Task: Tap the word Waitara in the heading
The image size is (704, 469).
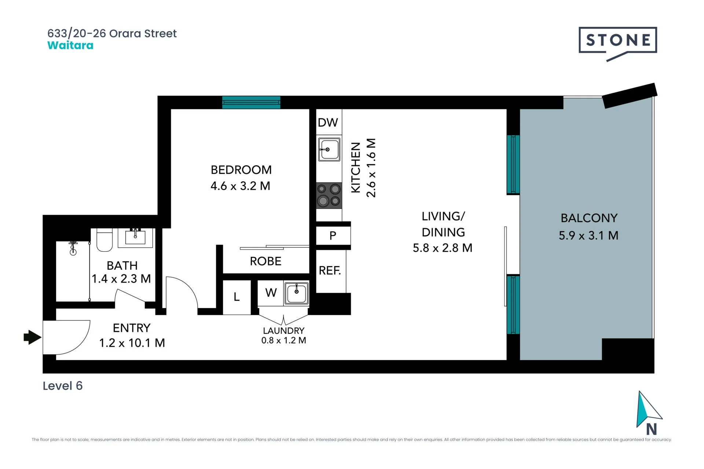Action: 70,45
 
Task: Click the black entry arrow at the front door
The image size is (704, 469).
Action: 32,337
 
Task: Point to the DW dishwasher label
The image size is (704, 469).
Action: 328,122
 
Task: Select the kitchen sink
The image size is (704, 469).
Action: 329,149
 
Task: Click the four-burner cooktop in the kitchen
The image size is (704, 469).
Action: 329,195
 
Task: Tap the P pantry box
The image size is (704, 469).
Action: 333,236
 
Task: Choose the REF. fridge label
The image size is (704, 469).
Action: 330,270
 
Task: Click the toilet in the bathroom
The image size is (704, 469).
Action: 104,240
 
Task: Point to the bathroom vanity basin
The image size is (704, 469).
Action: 135,237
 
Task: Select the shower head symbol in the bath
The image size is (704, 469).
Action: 73,248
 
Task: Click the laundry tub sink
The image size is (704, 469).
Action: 296,293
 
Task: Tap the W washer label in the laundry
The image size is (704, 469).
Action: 271,292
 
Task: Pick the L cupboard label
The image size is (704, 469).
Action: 236,297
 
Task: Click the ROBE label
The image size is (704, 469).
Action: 265,261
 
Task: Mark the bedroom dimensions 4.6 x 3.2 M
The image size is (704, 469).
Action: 240,186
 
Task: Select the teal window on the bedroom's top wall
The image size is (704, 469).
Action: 251,102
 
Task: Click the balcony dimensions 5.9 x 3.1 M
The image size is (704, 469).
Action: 588,236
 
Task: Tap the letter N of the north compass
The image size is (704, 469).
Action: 652,429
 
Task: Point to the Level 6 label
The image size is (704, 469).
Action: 63,386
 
